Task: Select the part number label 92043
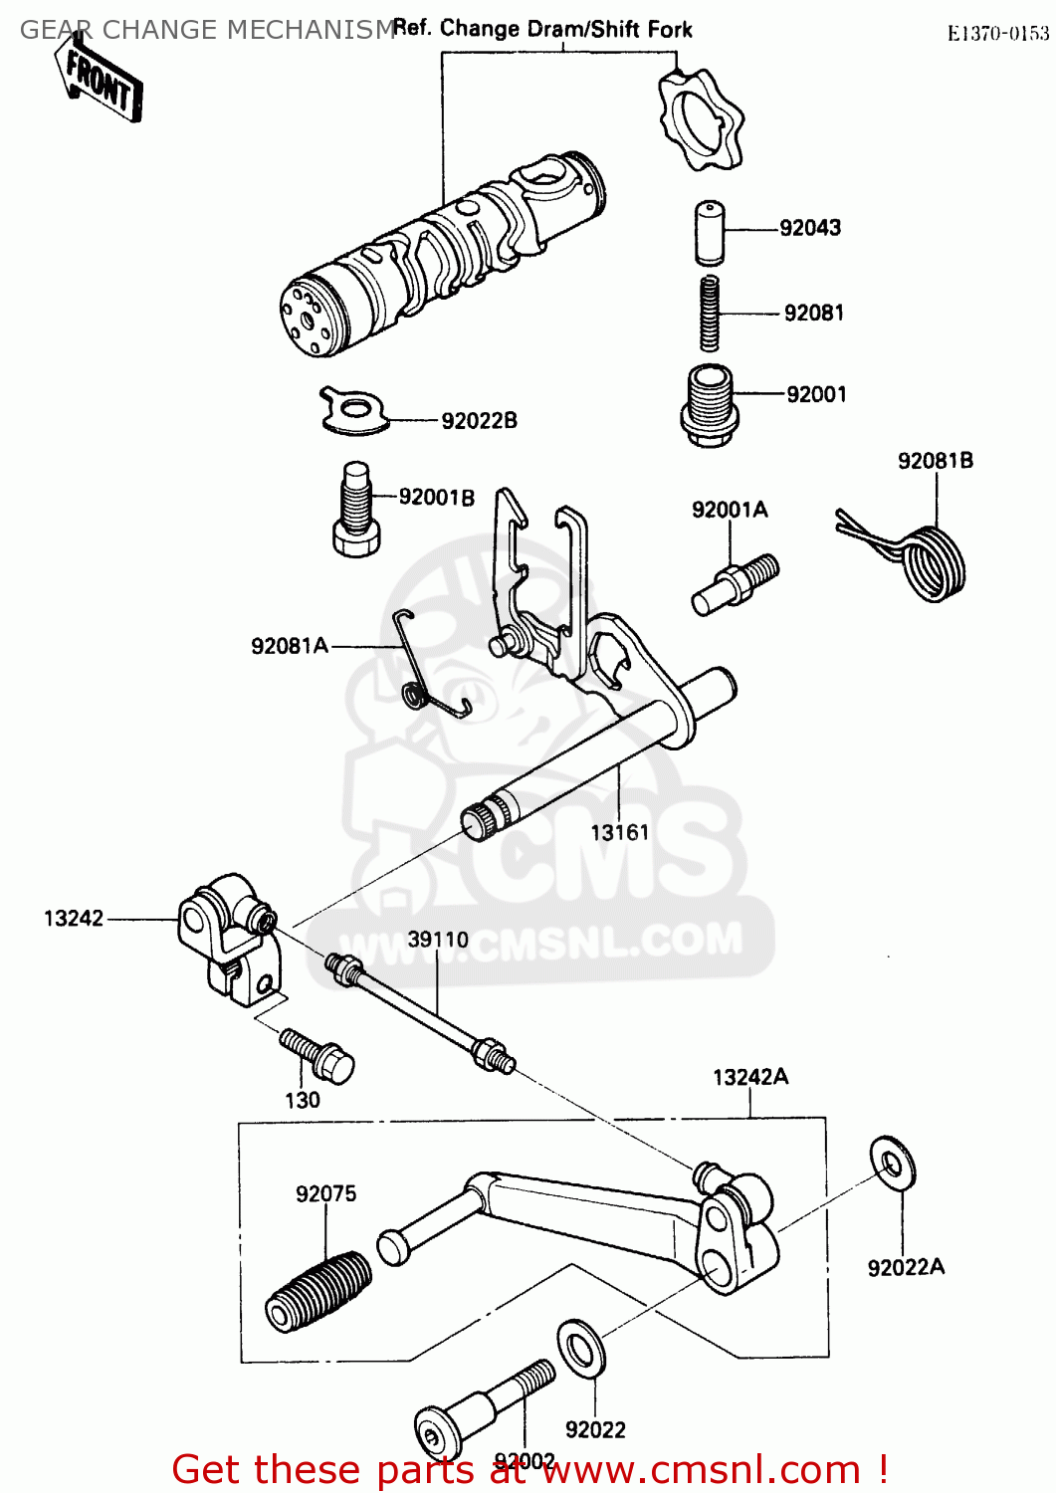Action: click(809, 228)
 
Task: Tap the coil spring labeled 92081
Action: click(709, 313)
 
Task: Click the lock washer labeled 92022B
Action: click(352, 410)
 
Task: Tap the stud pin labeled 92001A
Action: click(735, 584)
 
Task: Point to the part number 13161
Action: click(619, 833)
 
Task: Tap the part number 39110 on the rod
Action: click(438, 940)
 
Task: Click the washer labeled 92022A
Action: click(893, 1163)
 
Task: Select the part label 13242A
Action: click(750, 1077)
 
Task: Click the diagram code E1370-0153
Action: click(997, 34)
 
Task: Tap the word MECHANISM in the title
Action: click(312, 30)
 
